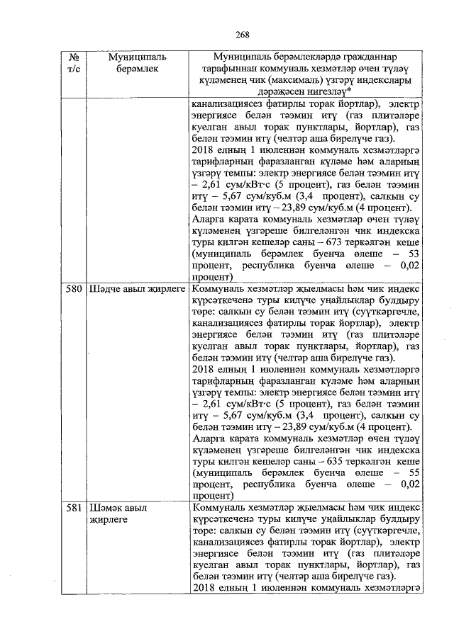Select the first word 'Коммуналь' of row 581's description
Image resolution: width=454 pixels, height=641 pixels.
(x=216, y=508)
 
